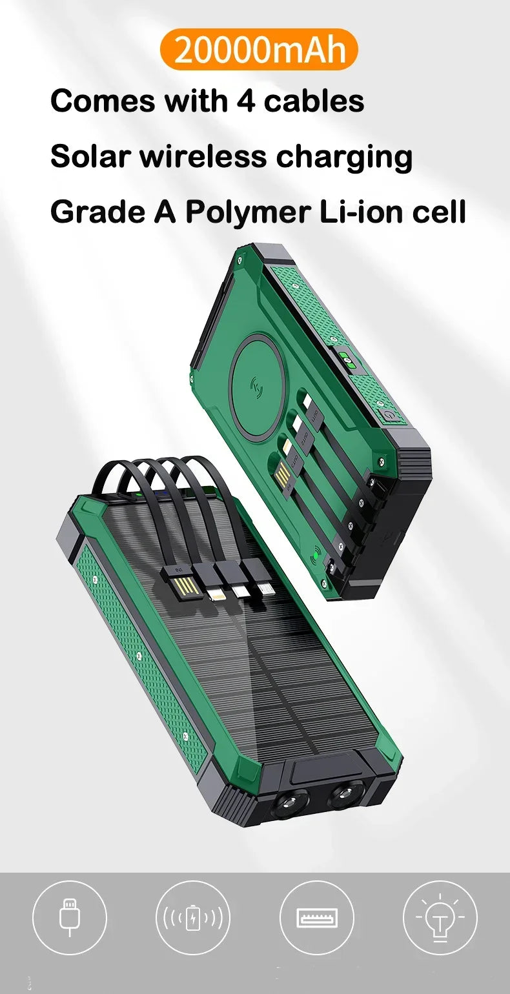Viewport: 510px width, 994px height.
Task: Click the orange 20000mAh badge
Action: tap(259, 49)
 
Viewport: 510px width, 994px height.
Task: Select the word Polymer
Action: tap(247, 212)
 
